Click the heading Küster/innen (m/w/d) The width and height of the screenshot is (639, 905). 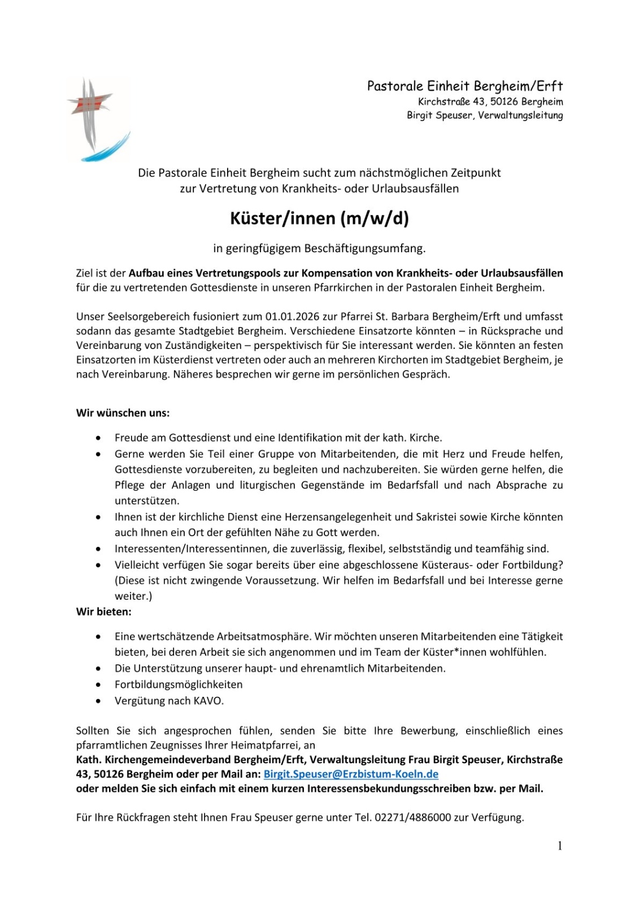[319, 218]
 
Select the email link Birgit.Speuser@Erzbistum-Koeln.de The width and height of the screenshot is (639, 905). [351, 774]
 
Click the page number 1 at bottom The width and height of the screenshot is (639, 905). [559, 846]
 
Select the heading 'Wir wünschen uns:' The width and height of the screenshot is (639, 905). [123, 413]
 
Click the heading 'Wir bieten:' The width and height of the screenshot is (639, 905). [104, 611]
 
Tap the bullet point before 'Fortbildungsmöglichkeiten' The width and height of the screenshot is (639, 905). [99, 684]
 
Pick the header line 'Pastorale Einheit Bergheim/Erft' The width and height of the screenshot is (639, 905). [464, 86]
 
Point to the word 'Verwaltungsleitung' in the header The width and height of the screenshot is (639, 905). [520, 115]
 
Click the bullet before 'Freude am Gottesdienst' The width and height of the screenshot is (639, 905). [99, 438]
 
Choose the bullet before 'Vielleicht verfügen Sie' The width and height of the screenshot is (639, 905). [99, 564]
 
